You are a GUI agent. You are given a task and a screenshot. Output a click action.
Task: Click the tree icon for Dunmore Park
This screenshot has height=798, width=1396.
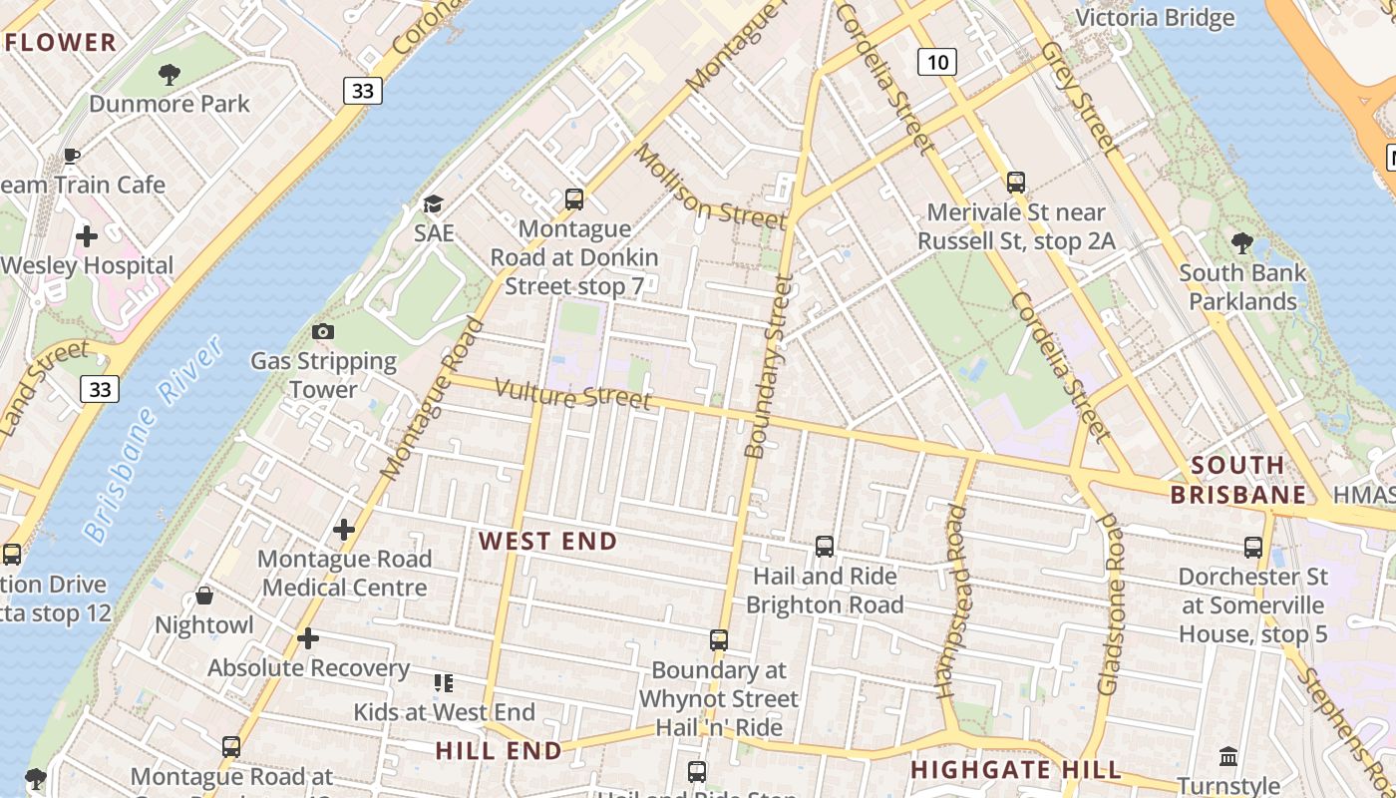170,73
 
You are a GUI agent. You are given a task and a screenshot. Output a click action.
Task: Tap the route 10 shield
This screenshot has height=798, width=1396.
936,63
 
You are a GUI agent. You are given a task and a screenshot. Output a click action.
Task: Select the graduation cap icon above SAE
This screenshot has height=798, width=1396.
433,204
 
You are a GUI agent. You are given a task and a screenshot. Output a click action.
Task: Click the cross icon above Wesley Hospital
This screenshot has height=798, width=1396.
87,236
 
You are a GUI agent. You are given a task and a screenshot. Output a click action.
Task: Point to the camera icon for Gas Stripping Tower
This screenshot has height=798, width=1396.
323,331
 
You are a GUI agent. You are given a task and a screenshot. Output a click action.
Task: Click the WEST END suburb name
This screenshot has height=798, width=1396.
547,542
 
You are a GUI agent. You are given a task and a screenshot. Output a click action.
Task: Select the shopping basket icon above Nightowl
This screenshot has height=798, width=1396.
204,596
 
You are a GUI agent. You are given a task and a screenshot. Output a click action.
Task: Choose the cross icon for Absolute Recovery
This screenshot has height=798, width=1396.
308,637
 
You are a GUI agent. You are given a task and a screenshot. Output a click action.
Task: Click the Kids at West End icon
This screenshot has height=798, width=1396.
444,683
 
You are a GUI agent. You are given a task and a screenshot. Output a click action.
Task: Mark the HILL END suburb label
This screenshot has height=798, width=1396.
498,751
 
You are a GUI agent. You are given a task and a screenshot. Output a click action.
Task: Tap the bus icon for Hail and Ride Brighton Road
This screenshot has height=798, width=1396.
825,546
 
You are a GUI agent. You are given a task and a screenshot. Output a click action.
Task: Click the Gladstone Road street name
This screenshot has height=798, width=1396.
1110,604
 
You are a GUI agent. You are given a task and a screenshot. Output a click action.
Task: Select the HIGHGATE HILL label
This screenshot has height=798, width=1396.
1015,770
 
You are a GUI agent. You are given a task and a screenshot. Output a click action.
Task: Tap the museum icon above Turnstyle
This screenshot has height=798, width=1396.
1228,757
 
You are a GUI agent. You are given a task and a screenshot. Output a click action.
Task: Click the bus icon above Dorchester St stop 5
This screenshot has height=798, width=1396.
1253,547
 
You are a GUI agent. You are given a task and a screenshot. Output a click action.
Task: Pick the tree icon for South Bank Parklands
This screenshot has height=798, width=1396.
1242,242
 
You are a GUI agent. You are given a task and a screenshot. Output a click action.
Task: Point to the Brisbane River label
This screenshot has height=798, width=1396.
154,439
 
